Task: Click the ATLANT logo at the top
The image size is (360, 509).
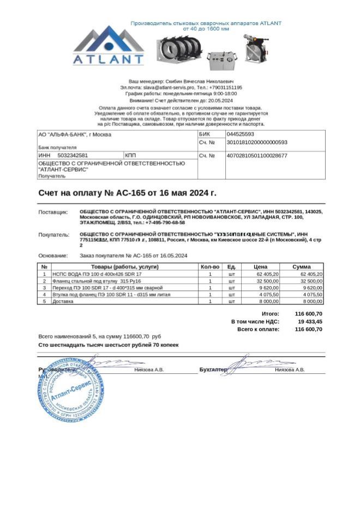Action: (109, 46)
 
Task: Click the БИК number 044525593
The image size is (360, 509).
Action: (240, 134)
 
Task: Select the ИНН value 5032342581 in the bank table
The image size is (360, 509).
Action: (73, 156)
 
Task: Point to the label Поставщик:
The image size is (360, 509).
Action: (53, 211)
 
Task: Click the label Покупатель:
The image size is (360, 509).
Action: (54, 235)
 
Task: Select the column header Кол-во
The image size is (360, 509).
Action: (210, 266)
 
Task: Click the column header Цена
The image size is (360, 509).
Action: (261, 266)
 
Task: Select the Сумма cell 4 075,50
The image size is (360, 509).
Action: (311, 294)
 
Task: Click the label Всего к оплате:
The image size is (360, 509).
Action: (258, 330)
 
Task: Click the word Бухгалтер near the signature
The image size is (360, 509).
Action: (213, 369)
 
